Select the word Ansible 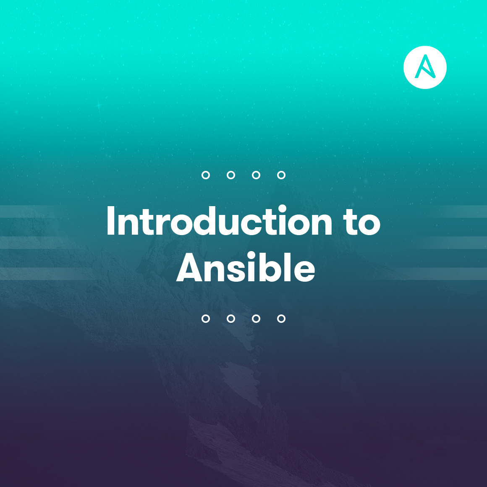pos(246,267)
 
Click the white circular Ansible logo pos(425,68)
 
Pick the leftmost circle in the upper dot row pos(206,171)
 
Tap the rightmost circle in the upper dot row pos(281,171)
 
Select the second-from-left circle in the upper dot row pos(231,171)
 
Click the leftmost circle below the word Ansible pos(206,315)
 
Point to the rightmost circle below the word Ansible pos(281,315)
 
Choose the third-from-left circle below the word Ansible pos(256,315)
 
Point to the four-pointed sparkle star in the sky pos(99,105)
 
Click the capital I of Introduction pos(110,220)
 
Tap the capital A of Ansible pos(190,267)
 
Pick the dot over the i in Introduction pos(282,209)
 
